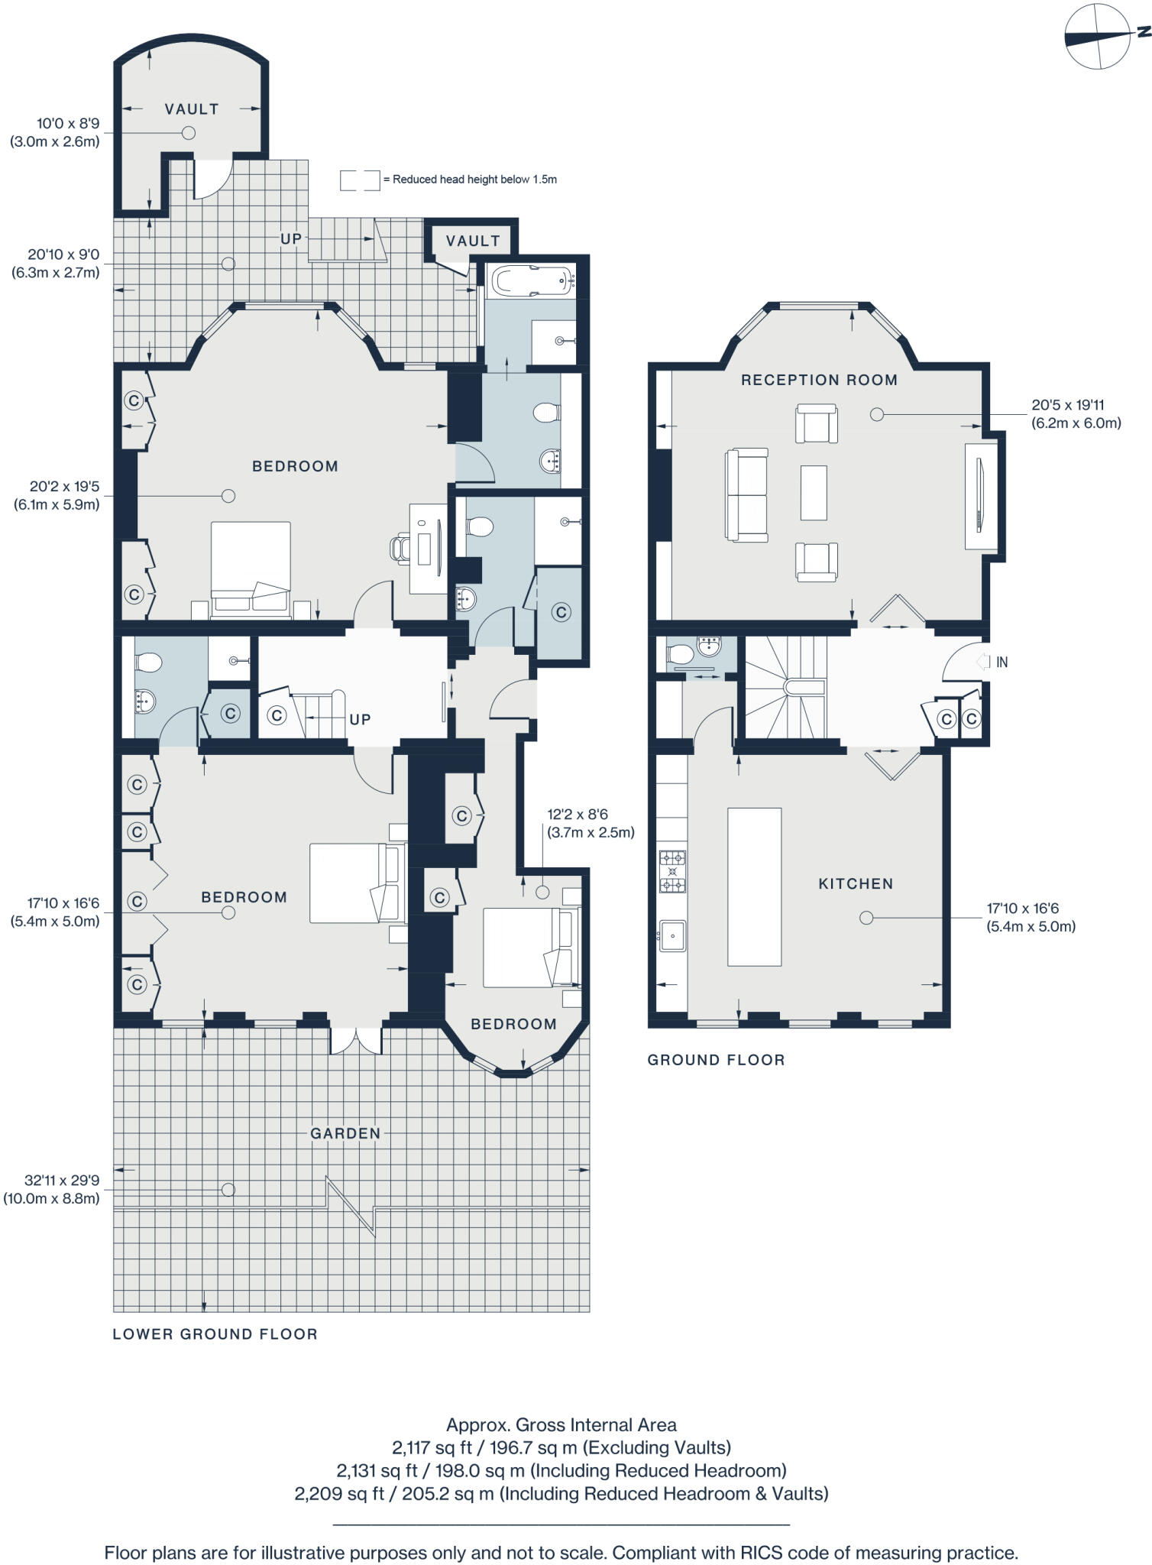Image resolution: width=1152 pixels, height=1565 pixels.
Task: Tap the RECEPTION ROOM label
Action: click(819, 380)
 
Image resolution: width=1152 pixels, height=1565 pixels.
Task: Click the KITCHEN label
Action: click(856, 883)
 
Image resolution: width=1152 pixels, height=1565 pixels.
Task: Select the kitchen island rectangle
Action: click(754, 886)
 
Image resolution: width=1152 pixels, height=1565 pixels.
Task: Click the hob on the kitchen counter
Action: click(672, 871)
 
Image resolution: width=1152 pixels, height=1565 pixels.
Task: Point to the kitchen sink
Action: click(673, 935)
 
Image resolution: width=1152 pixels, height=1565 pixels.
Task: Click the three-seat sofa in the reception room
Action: click(746, 495)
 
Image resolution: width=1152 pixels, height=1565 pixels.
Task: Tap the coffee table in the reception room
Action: click(814, 492)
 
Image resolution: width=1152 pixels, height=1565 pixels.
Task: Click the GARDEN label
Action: click(345, 1133)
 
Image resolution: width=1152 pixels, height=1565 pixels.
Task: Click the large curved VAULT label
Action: click(192, 109)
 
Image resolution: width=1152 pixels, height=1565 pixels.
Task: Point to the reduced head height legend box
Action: click(360, 180)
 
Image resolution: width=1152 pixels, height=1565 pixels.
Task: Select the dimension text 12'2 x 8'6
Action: click(578, 815)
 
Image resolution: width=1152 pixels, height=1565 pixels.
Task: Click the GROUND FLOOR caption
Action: click(716, 1060)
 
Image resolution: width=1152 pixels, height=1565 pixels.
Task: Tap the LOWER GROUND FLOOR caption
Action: click(215, 1334)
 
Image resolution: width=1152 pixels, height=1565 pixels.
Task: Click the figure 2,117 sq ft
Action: click(425, 1447)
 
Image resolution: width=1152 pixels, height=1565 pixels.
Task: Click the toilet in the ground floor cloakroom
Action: click(679, 654)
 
